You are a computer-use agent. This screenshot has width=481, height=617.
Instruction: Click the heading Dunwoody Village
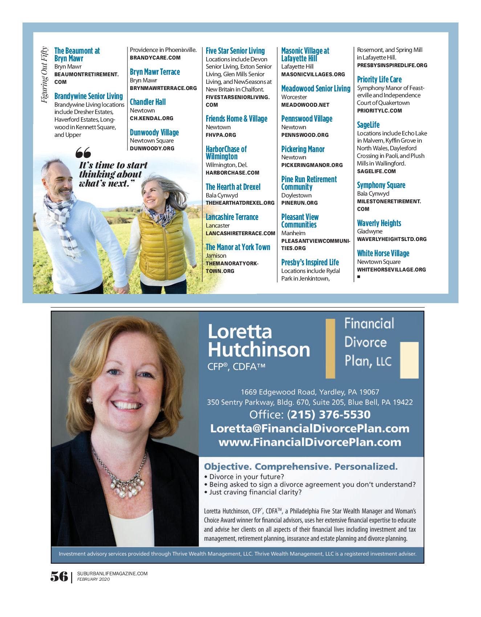coord(154,132)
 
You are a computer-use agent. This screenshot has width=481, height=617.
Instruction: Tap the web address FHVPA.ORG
coord(221,135)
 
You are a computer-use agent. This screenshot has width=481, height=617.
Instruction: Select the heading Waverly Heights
coord(379,223)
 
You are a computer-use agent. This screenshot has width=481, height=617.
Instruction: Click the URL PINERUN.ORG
coord(299,203)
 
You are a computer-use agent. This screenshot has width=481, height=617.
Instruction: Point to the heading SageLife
coord(368,125)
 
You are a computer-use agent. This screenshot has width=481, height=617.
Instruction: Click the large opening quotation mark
coord(83,152)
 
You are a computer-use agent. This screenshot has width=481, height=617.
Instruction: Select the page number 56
coord(59,576)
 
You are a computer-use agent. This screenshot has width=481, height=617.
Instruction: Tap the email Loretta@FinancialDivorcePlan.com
coord(310,428)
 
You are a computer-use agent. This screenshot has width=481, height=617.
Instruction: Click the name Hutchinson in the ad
coord(259,350)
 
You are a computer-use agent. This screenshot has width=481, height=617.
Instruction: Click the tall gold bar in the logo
coord(330,348)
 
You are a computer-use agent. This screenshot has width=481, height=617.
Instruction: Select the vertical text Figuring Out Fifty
coord(44,75)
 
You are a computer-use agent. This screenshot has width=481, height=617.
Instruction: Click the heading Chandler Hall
coord(148,102)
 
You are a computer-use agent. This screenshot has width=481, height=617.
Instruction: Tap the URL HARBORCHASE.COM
coord(232,173)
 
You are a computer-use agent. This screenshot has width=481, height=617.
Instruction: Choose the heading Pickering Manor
coord(303,149)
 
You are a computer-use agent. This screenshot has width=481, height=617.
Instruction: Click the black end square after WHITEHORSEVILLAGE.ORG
coord(359,277)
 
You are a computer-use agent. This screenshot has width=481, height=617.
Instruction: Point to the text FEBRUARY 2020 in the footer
coord(93,579)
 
